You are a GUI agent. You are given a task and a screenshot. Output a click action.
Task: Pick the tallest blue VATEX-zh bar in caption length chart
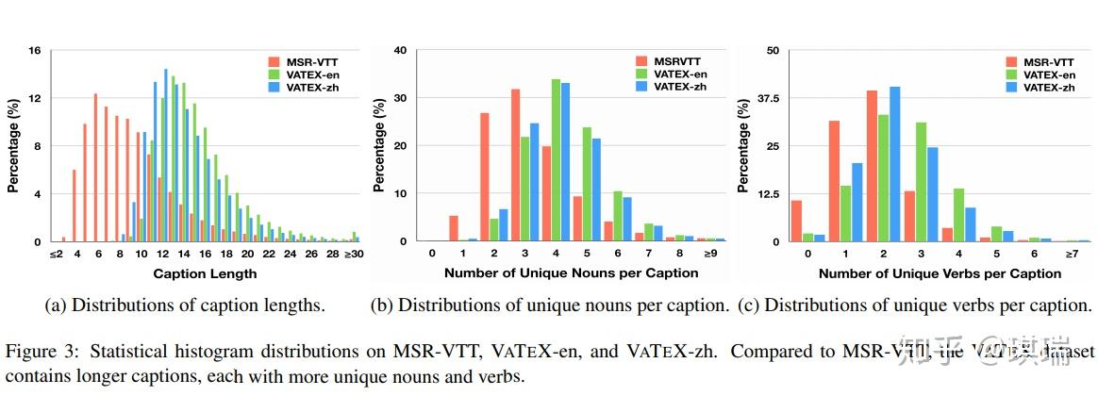pos(166,156)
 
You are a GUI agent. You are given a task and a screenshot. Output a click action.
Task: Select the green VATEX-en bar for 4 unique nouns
pos(556,160)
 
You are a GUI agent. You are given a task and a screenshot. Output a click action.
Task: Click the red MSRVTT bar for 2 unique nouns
pos(484,177)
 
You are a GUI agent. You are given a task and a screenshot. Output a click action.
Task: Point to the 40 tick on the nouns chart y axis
pos(400,50)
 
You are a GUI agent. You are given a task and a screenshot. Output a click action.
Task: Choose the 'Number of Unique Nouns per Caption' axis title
pos(573,273)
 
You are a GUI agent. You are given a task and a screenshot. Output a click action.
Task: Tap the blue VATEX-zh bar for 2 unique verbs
pos(894,164)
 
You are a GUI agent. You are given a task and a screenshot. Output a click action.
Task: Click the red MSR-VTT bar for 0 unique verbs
pos(796,221)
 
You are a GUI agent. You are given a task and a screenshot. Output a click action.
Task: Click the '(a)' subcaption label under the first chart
pos(56,305)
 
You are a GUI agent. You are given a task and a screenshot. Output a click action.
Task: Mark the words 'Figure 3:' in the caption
pos(34,352)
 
